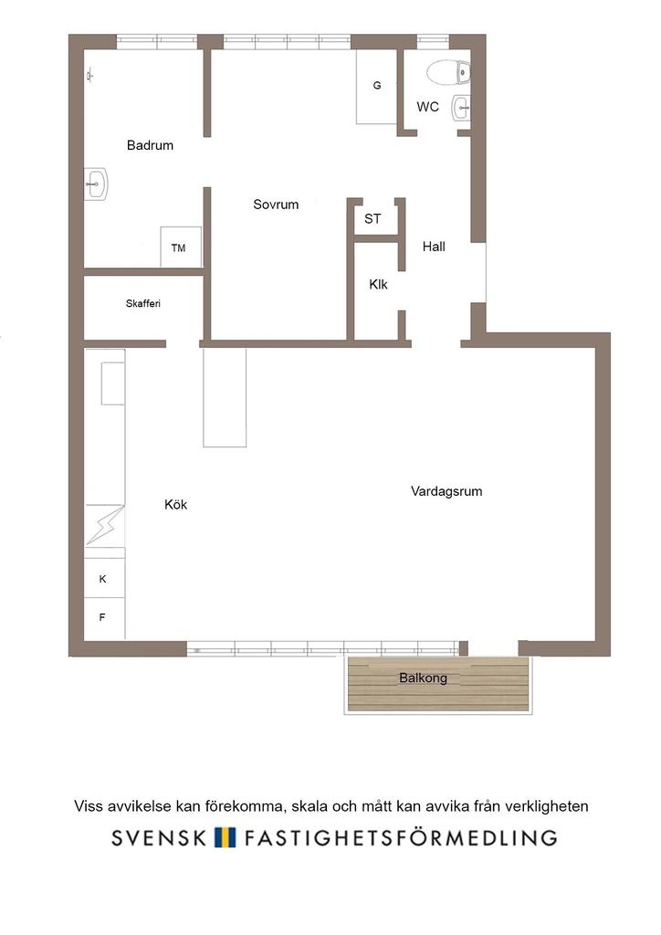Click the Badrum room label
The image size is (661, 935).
click(151, 145)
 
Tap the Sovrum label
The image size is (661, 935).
click(276, 205)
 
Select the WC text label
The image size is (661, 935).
click(427, 107)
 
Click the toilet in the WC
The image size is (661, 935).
click(448, 72)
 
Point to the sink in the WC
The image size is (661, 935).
click(461, 108)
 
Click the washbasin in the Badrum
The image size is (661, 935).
click(95, 184)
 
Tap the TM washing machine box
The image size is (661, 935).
click(181, 247)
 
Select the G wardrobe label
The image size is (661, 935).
click(377, 86)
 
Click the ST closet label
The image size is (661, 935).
click(372, 219)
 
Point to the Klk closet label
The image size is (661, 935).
click(378, 285)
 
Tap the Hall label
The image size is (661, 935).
click(434, 247)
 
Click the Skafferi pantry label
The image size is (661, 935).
click(143, 303)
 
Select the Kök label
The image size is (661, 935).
click(176, 504)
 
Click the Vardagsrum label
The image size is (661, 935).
click(446, 491)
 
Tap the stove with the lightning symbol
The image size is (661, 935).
click(104, 525)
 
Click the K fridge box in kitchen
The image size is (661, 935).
click(104, 578)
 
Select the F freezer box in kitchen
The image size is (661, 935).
click(104, 618)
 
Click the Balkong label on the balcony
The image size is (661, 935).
click(424, 678)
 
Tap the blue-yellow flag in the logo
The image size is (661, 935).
click(225, 837)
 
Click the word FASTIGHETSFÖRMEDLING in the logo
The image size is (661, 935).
click(401, 837)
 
